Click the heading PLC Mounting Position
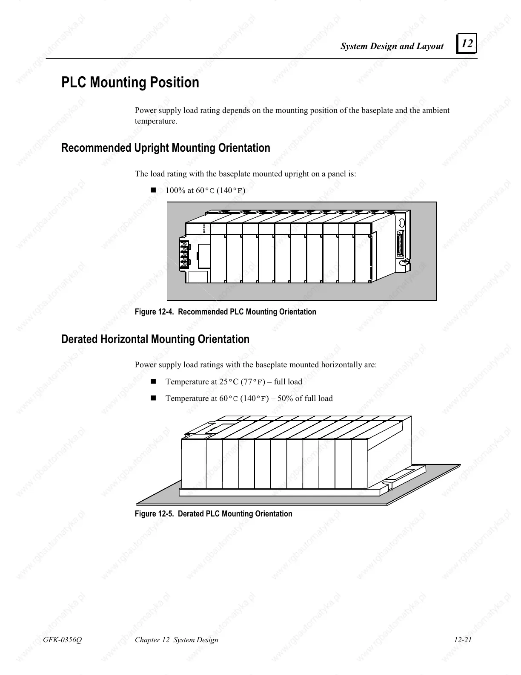pyautogui.click(x=130, y=82)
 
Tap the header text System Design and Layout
pyautogui.click(x=392, y=46)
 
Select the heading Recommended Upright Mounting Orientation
pyautogui.click(x=166, y=148)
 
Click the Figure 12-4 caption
pyautogui.click(x=225, y=312)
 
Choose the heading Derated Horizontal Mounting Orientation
pyautogui.click(x=155, y=339)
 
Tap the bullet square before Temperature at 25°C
pyautogui.click(x=154, y=381)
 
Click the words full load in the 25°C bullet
pyautogui.click(x=288, y=382)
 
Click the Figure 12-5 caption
pyautogui.click(x=213, y=513)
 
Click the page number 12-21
pyautogui.click(x=463, y=640)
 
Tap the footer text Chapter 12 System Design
pyautogui.click(x=176, y=640)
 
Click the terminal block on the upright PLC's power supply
pyautogui.click(x=184, y=254)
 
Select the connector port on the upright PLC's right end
pyautogui.click(x=399, y=244)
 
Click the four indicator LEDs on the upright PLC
pyautogui.click(x=204, y=228)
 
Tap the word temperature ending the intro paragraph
pyautogui.click(x=155, y=121)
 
